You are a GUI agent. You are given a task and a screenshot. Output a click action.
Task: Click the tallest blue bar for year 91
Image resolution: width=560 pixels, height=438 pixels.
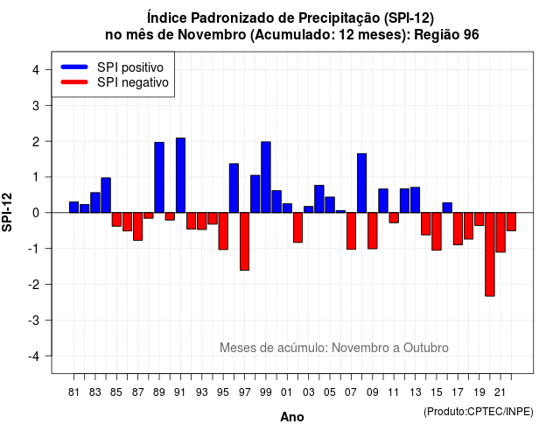(180, 175)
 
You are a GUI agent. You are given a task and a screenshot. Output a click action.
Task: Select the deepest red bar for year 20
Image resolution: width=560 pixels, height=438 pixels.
(490, 254)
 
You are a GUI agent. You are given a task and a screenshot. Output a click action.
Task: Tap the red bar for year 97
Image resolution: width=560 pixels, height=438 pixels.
(244, 242)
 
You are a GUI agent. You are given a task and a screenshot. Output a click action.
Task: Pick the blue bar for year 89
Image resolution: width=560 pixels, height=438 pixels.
(159, 177)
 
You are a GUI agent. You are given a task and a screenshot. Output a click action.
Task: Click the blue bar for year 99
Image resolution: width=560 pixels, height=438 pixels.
(266, 177)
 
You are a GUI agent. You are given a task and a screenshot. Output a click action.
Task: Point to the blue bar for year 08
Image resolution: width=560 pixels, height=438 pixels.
(361, 183)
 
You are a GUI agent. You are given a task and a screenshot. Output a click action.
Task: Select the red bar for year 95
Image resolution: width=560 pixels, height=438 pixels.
(223, 231)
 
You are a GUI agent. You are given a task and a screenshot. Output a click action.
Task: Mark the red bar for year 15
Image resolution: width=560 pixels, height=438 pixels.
(437, 231)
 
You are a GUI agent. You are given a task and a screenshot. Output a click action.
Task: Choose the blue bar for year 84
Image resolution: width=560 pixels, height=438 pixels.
(106, 195)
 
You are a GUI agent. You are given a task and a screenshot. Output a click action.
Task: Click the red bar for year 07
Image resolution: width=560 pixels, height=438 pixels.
(351, 231)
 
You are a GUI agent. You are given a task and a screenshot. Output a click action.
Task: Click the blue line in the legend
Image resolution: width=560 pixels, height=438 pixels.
(74, 67)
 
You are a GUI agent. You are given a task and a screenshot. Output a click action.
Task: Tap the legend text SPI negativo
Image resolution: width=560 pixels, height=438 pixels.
(133, 82)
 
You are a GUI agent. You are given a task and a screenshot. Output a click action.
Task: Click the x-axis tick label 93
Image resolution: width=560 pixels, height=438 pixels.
(201, 392)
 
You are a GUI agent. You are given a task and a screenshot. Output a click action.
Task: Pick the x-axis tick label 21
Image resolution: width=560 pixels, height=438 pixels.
(500, 392)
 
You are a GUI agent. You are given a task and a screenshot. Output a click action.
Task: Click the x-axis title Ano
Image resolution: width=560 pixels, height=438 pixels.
(292, 417)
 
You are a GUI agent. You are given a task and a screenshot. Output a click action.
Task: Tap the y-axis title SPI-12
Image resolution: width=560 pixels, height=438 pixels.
(7, 212)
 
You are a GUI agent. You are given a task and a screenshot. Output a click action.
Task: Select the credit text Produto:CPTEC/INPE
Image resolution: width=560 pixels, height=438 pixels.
(479, 412)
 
